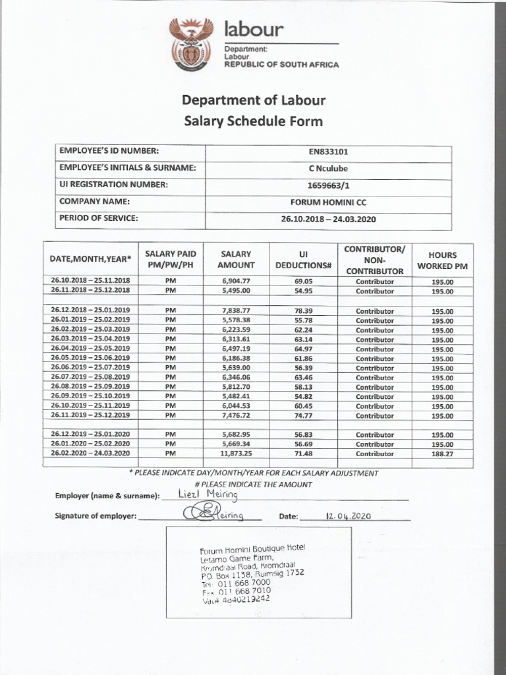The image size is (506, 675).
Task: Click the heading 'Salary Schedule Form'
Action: click(x=253, y=121)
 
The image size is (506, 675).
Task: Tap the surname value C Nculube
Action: click(x=328, y=168)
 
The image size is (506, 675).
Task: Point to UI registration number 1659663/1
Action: click(x=328, y=185)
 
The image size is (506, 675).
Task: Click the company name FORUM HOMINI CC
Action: click(x=328, y=202)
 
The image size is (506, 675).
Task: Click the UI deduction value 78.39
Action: click(x=304, y=311)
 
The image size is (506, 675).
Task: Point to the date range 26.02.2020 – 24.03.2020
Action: click(x=90, y=454)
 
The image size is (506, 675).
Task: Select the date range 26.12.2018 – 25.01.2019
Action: click(x=90, y=311)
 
